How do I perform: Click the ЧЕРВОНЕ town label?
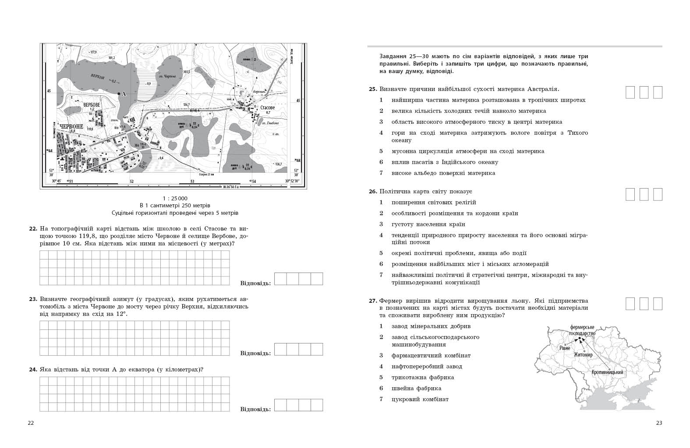pyautogui.click(x=71, y=126)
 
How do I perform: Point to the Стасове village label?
pyautogui.click(x=267, y=108)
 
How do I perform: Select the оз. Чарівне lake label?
pyautogui.click(x=170, y=76)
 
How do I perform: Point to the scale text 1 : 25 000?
pyautogui.click(x=175, y=198)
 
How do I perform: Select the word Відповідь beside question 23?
pyautogui.click(x=256, y=353)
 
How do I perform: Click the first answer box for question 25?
pyautogui.click(x=630, y=92)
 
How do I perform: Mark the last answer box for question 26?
pyautogui.click(x=657, y=194)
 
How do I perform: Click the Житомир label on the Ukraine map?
pyautogui.click(x=583, y=355)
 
